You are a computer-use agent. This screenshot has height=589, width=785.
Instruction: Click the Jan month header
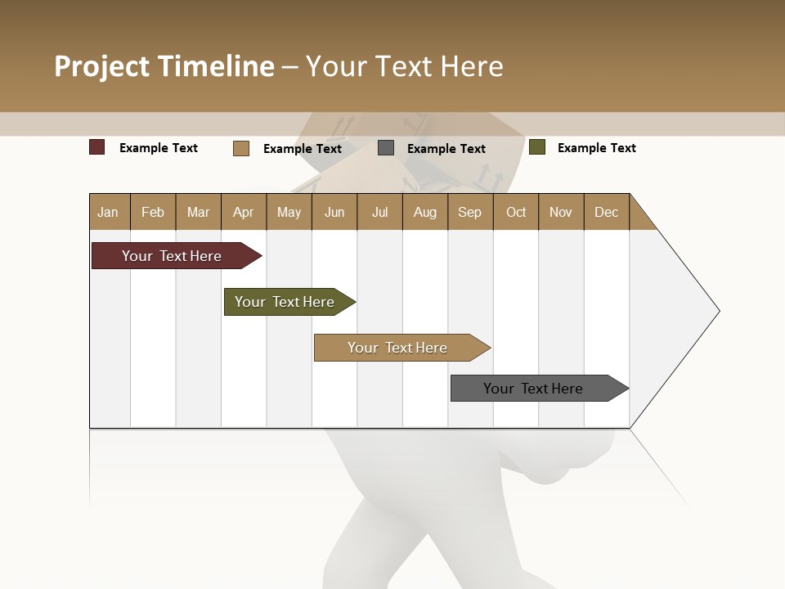tap(109, 212)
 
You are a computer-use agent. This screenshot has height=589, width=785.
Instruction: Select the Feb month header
tap(153, 212)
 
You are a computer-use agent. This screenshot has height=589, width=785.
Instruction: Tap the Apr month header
tap(244, 212)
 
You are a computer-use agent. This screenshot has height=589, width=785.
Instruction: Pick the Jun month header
tap(334, 212)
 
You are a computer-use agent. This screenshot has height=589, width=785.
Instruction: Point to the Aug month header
tap(425, 212)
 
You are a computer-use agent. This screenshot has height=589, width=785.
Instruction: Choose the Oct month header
tap(516, 212)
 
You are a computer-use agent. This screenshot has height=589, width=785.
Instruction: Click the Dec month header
tap(607, 212)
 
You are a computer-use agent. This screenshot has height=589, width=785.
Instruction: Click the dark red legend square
tap(97, 147)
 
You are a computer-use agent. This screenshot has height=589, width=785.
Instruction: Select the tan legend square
tap(241, 148)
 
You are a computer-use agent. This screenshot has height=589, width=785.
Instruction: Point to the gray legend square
tap(386, 148)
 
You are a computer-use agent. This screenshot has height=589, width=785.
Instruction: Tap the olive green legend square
tap(537, 147)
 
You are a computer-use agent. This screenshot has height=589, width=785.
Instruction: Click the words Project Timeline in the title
tap(164, 66)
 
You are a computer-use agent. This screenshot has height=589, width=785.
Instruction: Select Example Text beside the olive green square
tap(596, 148)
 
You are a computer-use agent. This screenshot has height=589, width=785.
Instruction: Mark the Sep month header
tap(470, 212)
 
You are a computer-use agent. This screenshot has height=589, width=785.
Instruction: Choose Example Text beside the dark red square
tap(159, 148)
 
